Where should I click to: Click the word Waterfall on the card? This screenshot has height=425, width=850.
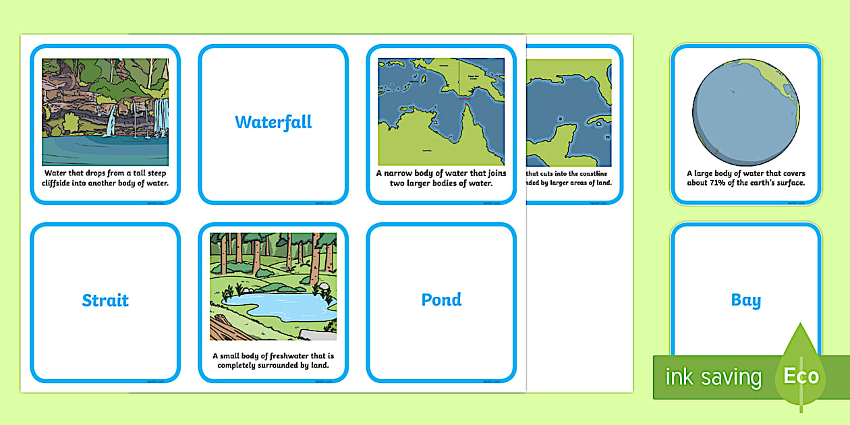pyautogui.click(x=273, y=122)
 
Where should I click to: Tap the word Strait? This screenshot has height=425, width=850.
pyautogui.click(x=105, y=300)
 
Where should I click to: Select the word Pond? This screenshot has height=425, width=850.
pyautogui.click(x=441, y=300)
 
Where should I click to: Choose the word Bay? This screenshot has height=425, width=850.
pyautogui.click(x=745, y=300)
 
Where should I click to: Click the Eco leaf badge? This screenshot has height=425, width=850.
pyautogui.click(x=801, y=375)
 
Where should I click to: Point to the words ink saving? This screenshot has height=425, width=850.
pyautogui.click(x=713, y=377)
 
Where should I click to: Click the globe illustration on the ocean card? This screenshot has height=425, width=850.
pyautogui.click(x=745, y=112)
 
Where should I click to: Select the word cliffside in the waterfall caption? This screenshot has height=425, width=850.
pyautogui.click(x=68, y=183)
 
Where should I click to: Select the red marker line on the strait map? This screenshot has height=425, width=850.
pyautogui.click(x=464, y=98)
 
